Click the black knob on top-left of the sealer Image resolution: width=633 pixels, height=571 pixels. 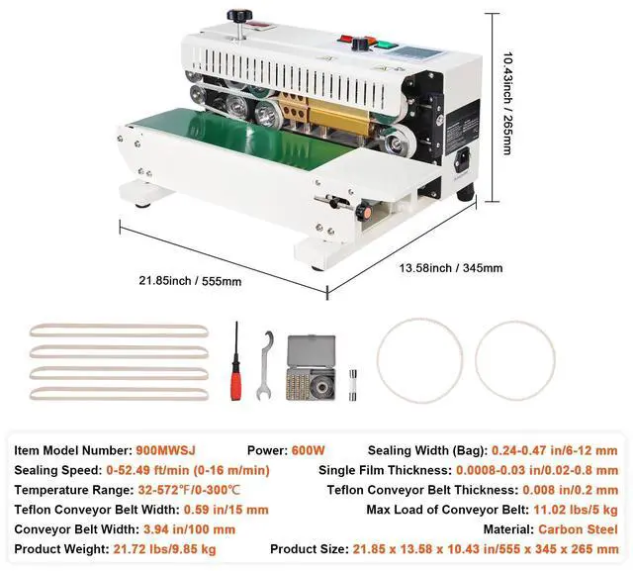click(237, 18)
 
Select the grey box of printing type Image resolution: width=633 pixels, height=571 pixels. click(311, 366)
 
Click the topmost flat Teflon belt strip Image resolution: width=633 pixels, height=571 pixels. click(119, 328)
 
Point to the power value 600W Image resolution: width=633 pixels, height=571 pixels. click(309, 449)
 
